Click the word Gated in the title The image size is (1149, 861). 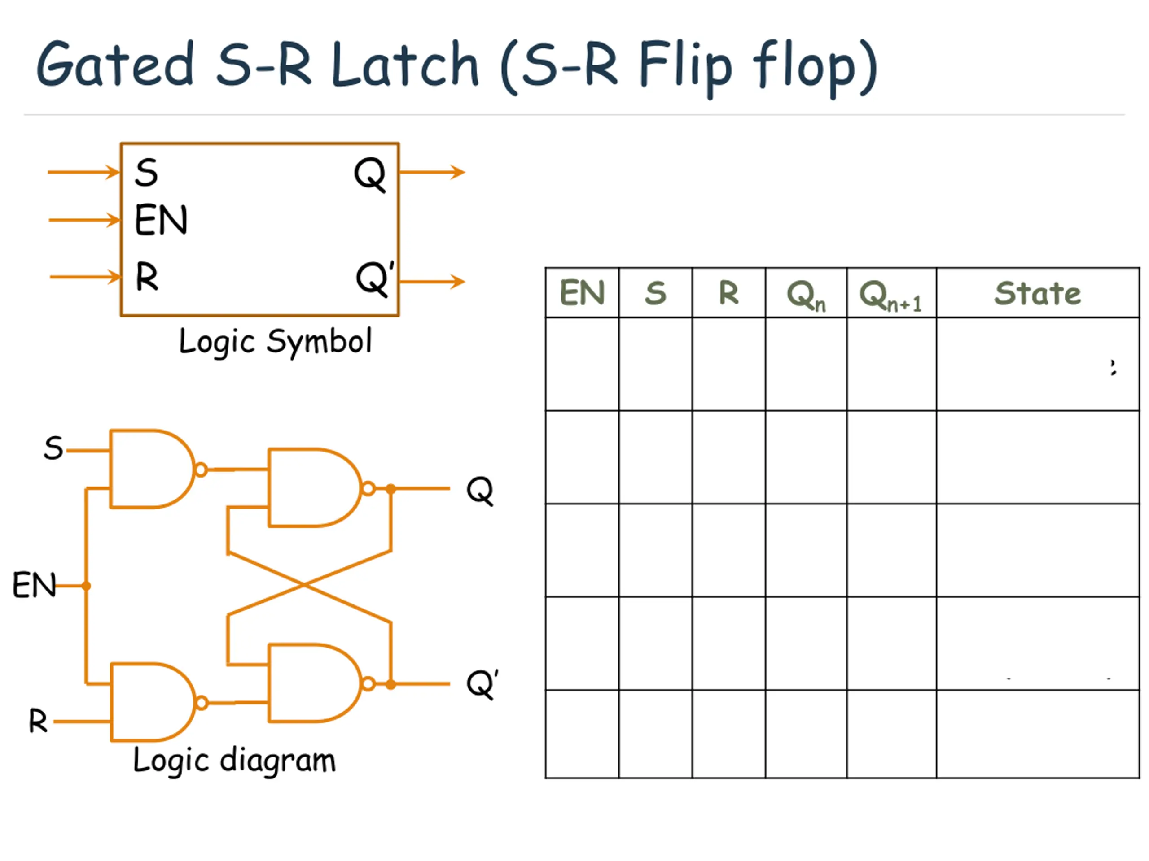pos(115,65)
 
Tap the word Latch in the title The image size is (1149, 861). pos(405,65)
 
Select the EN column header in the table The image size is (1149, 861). pos(582,293)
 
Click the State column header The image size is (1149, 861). pos(1037,293)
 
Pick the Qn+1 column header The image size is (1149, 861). pos(890,295)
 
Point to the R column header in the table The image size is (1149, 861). pos(728,293)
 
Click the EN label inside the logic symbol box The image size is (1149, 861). pos(161,220)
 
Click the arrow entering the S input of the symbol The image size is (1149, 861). pos(83,172)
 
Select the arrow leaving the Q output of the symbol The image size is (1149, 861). pos(432,172)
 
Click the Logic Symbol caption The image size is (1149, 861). pos(275,342)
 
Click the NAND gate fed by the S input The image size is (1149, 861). pos(151,469)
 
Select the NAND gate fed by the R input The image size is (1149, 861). pos(152,702)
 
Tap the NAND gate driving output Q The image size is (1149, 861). pos(311,488)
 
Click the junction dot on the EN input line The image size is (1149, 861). pos(86,586)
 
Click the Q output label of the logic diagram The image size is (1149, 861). pos(479,490)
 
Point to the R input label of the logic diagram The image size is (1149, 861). pos(38,721)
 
